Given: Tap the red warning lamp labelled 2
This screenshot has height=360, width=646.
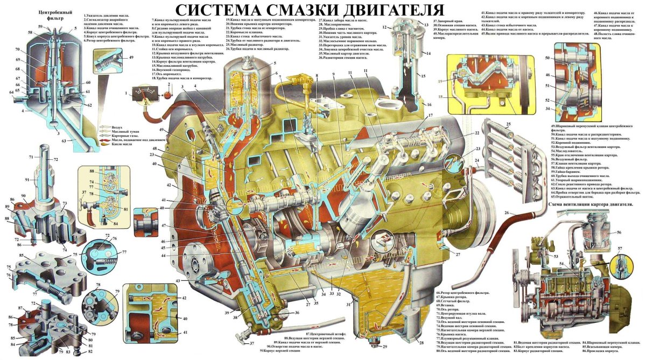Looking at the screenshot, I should point(167,95).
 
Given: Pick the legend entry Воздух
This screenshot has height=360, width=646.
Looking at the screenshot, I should point(117,128).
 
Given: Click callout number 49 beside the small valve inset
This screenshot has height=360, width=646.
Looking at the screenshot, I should point(131,58).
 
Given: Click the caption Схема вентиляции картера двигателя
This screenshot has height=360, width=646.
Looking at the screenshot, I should point(590,204).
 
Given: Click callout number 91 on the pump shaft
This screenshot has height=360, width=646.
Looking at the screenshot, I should point(28,179).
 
